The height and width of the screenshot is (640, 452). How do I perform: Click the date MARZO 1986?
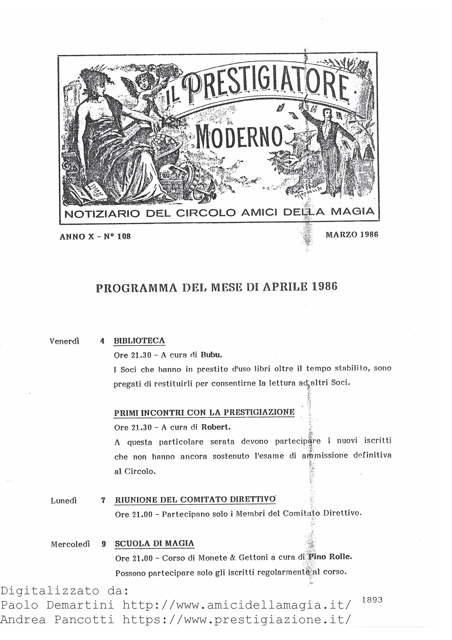pyautogui.click(x=352, y=235)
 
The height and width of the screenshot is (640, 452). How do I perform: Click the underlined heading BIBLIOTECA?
pyautogui.click(x=139, y=340)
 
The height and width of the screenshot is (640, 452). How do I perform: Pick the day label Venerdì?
pyautogui.click(x=64, y=341)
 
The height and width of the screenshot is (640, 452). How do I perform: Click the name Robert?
pyautogui.click(x=216, y=427)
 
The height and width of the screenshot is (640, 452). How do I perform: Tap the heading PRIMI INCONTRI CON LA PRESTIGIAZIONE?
pyautogui.click(x=204, y=412)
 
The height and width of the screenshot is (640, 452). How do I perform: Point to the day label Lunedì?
pyautogui.click(x=64, y=501)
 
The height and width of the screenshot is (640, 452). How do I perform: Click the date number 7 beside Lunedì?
pyautogui.click(x=103, y=501)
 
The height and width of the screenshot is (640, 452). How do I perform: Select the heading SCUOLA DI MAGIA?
pyautogui.click(x=154, y=544)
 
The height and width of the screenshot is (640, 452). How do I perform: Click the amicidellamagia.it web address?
pyautogui.click(x=236, y=605)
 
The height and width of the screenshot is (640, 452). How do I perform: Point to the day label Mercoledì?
pyautogui.click(x=70, y=544)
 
